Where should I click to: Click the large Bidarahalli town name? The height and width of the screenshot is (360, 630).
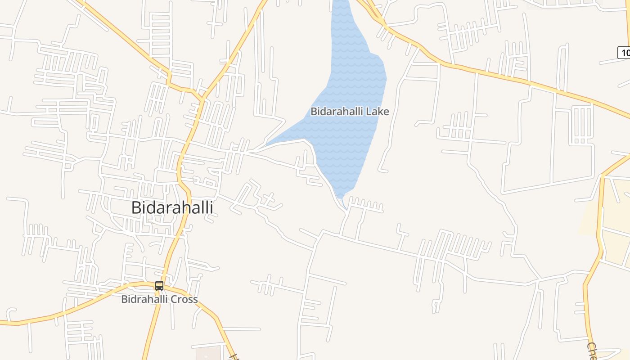pos(172,208)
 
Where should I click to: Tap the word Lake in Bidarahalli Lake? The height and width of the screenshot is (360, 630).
pos(377,112)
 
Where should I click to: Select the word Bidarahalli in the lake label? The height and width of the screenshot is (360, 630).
pos(337,112)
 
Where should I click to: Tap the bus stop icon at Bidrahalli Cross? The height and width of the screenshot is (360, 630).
pos(159,285)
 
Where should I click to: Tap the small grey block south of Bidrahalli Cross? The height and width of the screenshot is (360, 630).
pos(208,353)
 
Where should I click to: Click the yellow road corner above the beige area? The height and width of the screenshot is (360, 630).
pos(603,175)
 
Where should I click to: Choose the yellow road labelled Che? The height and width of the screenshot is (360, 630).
pos(587,315)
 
